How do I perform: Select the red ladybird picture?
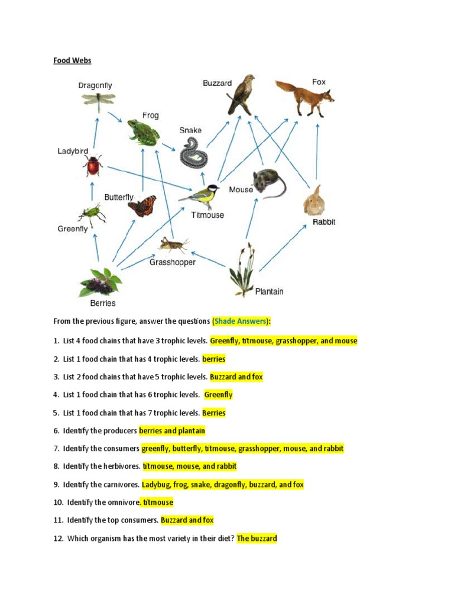tap(93, 166)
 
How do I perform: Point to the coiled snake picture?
tap(194, 153)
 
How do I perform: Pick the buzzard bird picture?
tap(241, 94)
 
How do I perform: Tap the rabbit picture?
tap(314, 201)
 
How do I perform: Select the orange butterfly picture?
tap(142, 207)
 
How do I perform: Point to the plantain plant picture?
tap(243, 270)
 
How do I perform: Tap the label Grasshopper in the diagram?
tap(172, 262)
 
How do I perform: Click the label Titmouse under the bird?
tap(207, 215)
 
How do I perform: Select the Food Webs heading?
tap(72, 60)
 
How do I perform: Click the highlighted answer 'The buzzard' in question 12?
tap(257, 539)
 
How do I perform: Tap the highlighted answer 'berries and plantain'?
tap(172, 431)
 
